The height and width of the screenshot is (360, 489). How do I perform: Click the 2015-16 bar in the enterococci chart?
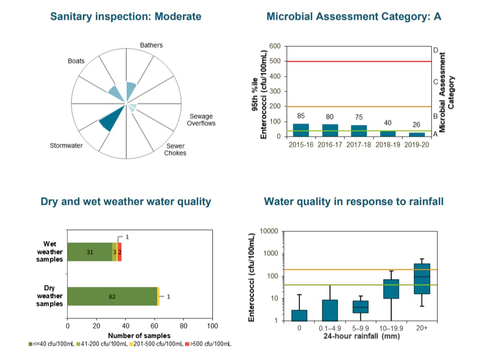click(x=301, y=130)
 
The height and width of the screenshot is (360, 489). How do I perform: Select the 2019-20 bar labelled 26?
click(x=417, y=134)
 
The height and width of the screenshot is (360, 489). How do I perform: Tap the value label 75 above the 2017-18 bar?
click(x=359, y=117)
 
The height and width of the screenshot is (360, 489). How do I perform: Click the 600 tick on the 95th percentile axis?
click(x=275, y=46)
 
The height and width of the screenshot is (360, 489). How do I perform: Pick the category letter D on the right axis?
click(x=435, y=50)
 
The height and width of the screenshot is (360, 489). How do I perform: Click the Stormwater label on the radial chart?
click(x=66, y=146)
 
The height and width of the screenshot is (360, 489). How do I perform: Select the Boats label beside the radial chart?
click(x=76, y=61)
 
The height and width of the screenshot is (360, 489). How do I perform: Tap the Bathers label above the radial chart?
click(x=151, y=45)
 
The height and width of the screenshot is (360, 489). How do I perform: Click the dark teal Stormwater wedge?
click(x=108, y=121)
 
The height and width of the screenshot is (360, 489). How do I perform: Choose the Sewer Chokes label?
click(x=175, y=149)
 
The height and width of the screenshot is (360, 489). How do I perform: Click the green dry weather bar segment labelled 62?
click(x=112, y=296)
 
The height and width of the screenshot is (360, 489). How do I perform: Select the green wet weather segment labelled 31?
click(x=90, y=252)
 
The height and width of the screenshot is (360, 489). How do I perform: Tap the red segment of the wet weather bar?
click(x=119, y=252)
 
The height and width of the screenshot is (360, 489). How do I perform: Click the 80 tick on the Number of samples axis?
click(x=184, y=326)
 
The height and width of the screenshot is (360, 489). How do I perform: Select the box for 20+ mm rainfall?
click(x=422, y=279)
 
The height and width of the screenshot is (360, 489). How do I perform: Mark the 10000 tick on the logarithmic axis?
click(x=269, y=232)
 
